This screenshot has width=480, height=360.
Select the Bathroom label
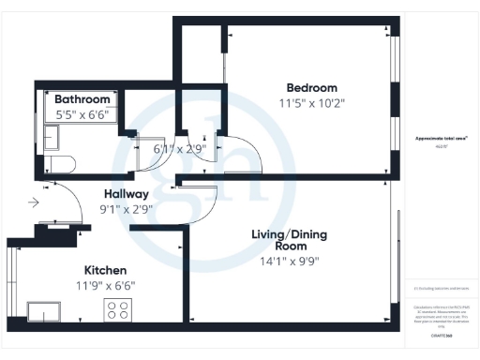(x=82, y=99)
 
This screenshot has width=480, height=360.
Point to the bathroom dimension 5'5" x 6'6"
(x=82, y=115)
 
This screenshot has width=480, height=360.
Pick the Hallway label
(x=127, y=194)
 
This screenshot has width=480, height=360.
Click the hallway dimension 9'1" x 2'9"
(x=127, y=210)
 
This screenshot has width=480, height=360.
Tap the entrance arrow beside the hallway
(x=35, y=202)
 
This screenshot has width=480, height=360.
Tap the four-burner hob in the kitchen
(x=119, y=310)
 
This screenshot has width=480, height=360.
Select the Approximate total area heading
(x=442, y=139)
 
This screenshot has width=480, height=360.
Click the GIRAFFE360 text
(x=442, y=334)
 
